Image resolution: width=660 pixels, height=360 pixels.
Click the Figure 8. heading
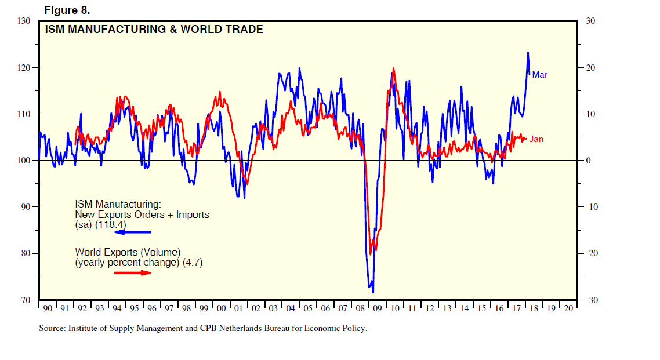(x=67, y=10)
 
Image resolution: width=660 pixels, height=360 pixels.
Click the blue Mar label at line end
(x=539, y=75)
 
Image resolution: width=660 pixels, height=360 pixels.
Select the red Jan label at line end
(x=536, y=139)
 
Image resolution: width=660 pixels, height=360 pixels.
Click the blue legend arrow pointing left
(x=133, y=232)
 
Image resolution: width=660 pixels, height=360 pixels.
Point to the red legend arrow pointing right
(x=133, y=272)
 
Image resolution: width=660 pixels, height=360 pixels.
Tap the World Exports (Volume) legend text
(x=128, y=252)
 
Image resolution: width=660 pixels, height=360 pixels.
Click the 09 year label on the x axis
(x=378, y=308)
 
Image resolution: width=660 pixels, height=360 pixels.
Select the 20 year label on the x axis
(x=568, y=308)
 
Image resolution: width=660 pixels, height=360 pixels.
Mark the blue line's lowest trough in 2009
(x=373, y=293)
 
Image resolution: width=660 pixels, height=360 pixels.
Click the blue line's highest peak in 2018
(x=528, y=52)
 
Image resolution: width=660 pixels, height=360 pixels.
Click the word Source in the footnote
(x=52, y=328)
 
